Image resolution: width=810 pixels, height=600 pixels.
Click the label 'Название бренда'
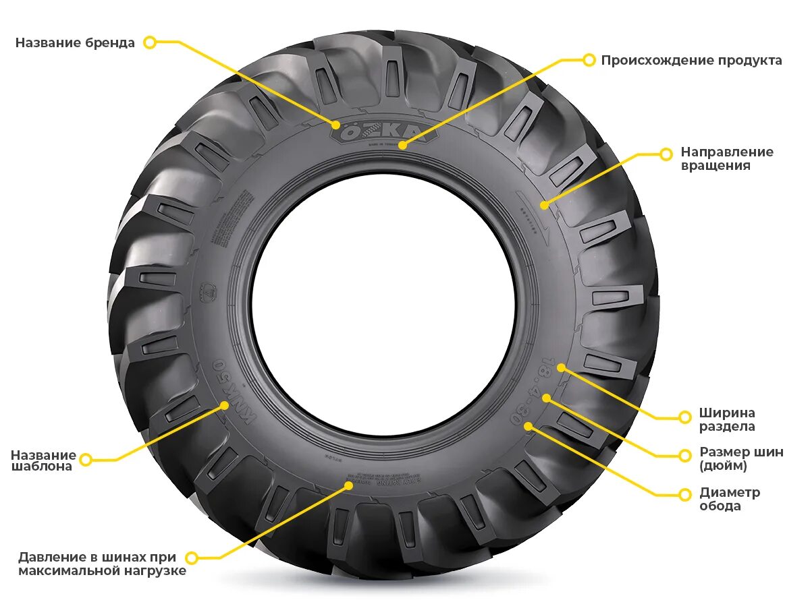75,42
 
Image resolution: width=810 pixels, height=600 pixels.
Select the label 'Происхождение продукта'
691,60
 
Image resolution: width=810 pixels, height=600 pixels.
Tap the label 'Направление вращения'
726,158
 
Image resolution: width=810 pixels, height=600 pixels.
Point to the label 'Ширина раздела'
726,419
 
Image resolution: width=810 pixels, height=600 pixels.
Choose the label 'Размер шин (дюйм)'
740,458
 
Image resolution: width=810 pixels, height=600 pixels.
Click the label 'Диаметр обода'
729,499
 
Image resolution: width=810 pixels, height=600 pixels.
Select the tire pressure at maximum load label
102,564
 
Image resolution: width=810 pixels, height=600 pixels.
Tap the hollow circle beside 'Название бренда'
150,42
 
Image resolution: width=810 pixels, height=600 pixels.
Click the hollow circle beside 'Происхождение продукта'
589,60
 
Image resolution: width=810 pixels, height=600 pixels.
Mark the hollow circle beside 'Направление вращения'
666,154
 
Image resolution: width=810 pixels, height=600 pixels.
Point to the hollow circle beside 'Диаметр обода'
685,494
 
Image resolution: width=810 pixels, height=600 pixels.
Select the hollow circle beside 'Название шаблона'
86,460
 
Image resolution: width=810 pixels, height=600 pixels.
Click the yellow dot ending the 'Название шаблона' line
225,405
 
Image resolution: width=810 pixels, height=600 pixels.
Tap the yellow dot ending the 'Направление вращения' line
544,204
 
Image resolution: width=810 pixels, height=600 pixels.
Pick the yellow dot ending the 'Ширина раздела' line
561,367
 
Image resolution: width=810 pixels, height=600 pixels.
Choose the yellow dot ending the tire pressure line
349,484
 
